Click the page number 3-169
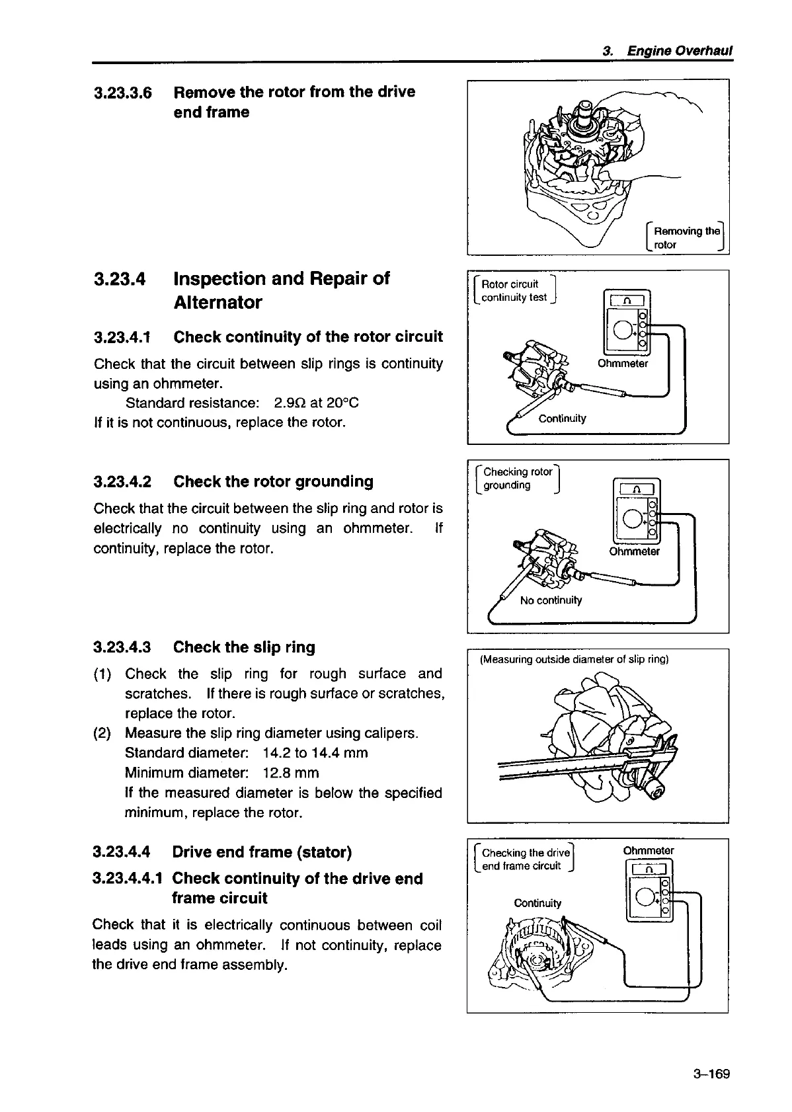711,1073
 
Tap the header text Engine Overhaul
679,51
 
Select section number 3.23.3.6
123,93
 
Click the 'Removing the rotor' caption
685,237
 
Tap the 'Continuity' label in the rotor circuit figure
562,418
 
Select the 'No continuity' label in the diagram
551,600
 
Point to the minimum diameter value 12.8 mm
290,773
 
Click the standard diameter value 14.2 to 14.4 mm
315,753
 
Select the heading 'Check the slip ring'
244,647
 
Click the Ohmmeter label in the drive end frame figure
648,850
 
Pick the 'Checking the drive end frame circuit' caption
526,859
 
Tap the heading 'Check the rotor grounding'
273,481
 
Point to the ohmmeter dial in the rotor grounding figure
632,518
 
